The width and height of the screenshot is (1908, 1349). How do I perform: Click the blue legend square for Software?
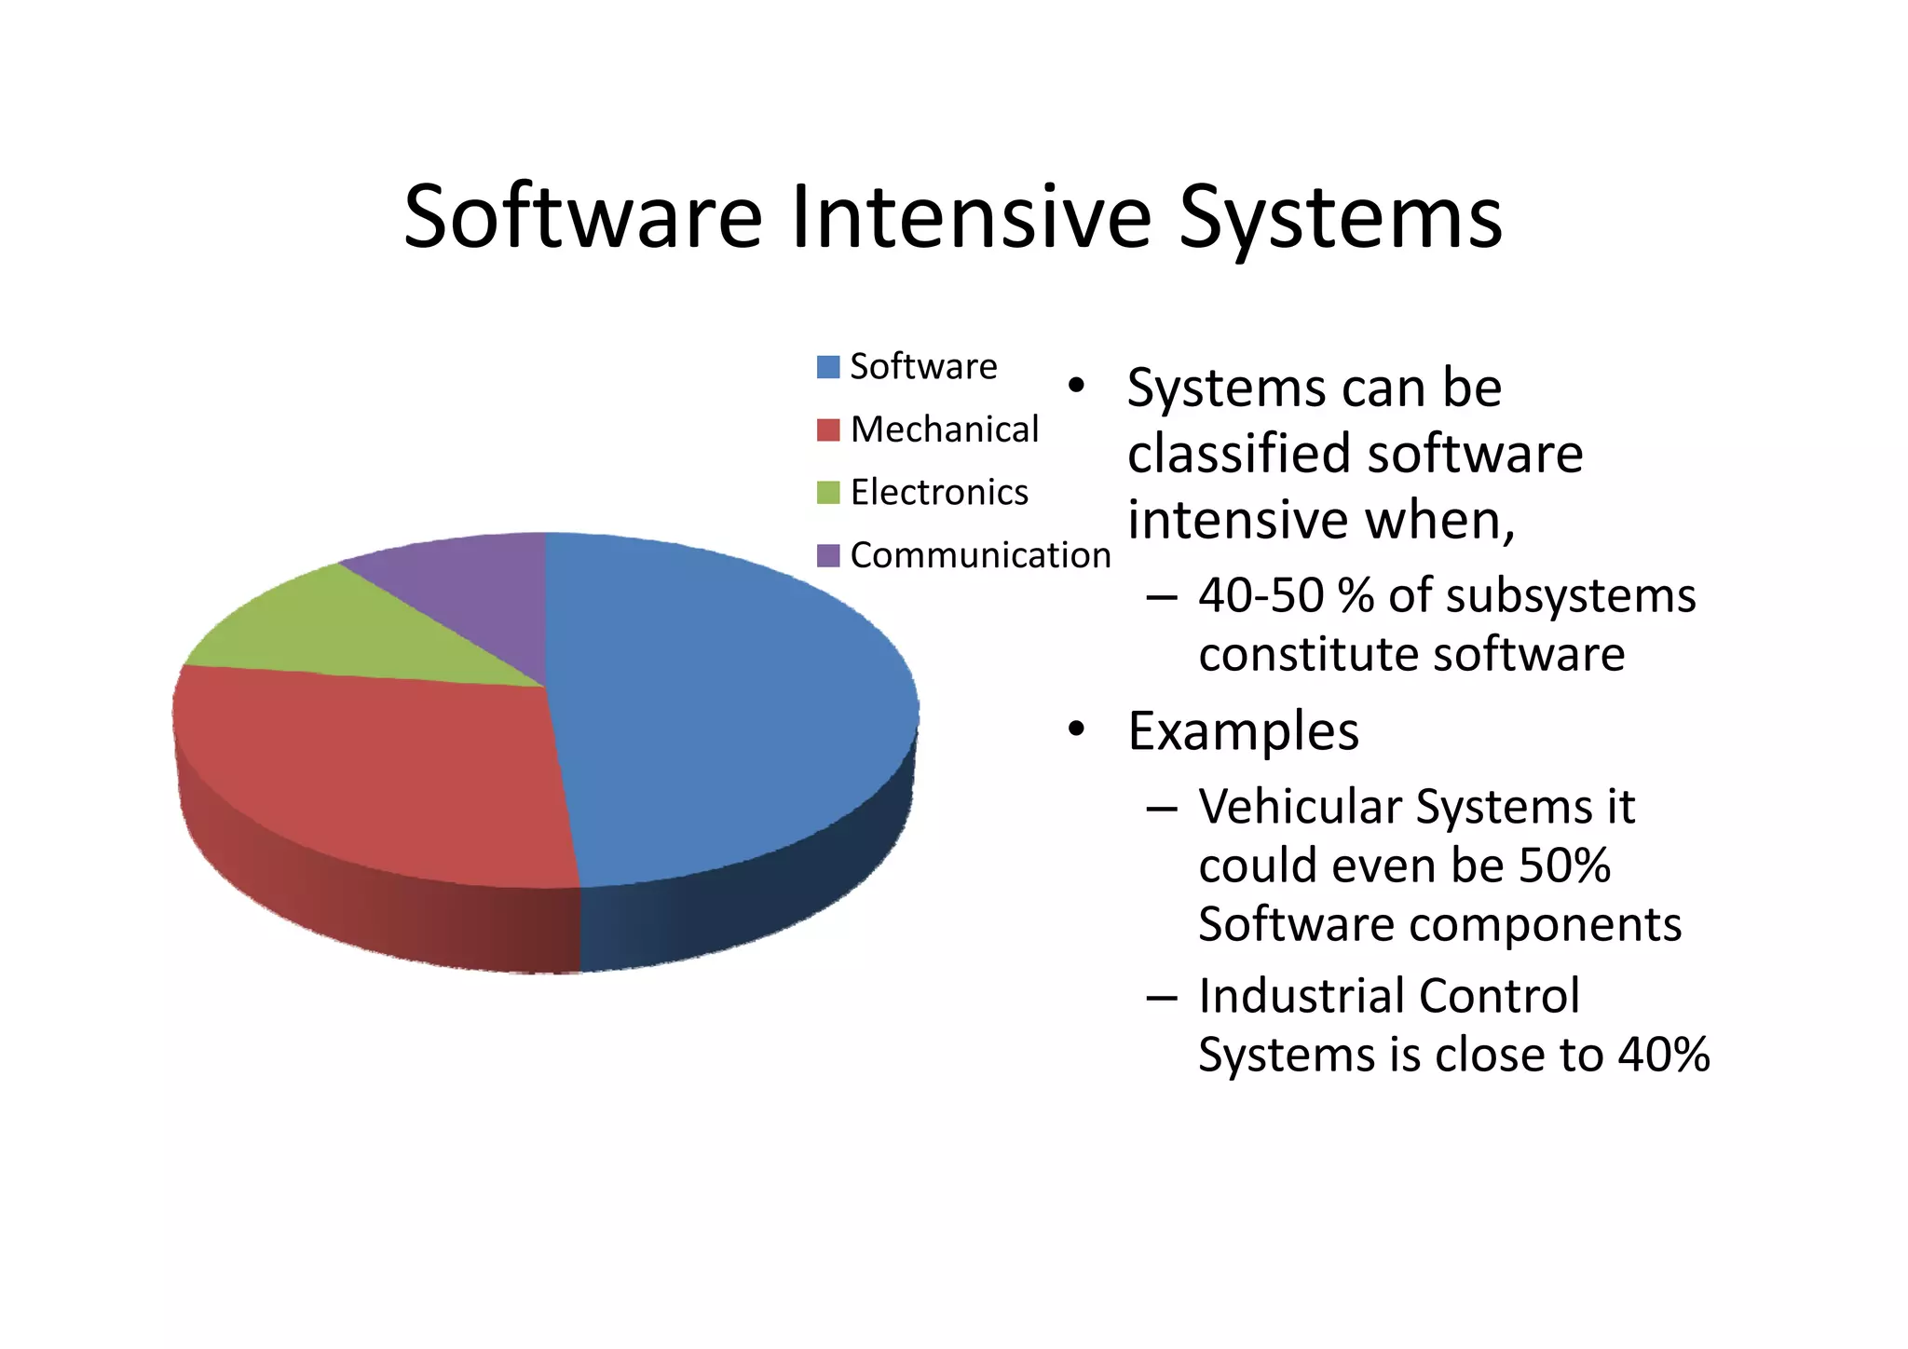click(827, 367)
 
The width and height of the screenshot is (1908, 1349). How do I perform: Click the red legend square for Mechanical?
click(827, 430)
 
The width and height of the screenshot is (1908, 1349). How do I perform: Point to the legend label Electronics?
click(939, 493)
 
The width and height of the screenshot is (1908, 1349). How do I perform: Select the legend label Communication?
click(980, 555)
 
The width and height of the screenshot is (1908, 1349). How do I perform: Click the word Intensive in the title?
click(972, 218)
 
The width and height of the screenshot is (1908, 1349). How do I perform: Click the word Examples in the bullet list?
click(1243, 731)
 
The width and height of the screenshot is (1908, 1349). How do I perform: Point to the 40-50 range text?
click(1261, 596)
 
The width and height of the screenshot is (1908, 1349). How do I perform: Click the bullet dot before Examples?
click(1076, 729)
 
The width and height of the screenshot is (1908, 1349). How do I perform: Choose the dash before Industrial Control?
click(1162, 997)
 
